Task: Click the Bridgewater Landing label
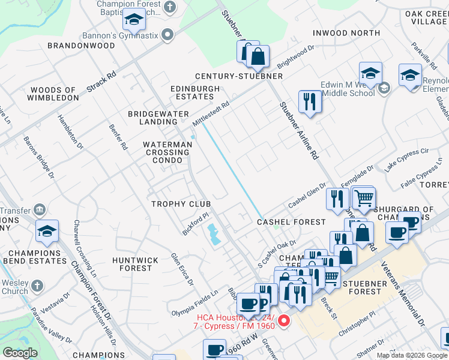[158, 118]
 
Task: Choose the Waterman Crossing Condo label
[166, 152]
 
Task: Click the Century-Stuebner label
[238, 76]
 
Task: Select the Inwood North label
[346, 32]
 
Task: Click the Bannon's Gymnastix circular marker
[168, 35]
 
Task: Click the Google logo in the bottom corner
[20, 353]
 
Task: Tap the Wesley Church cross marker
[37, 286]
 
